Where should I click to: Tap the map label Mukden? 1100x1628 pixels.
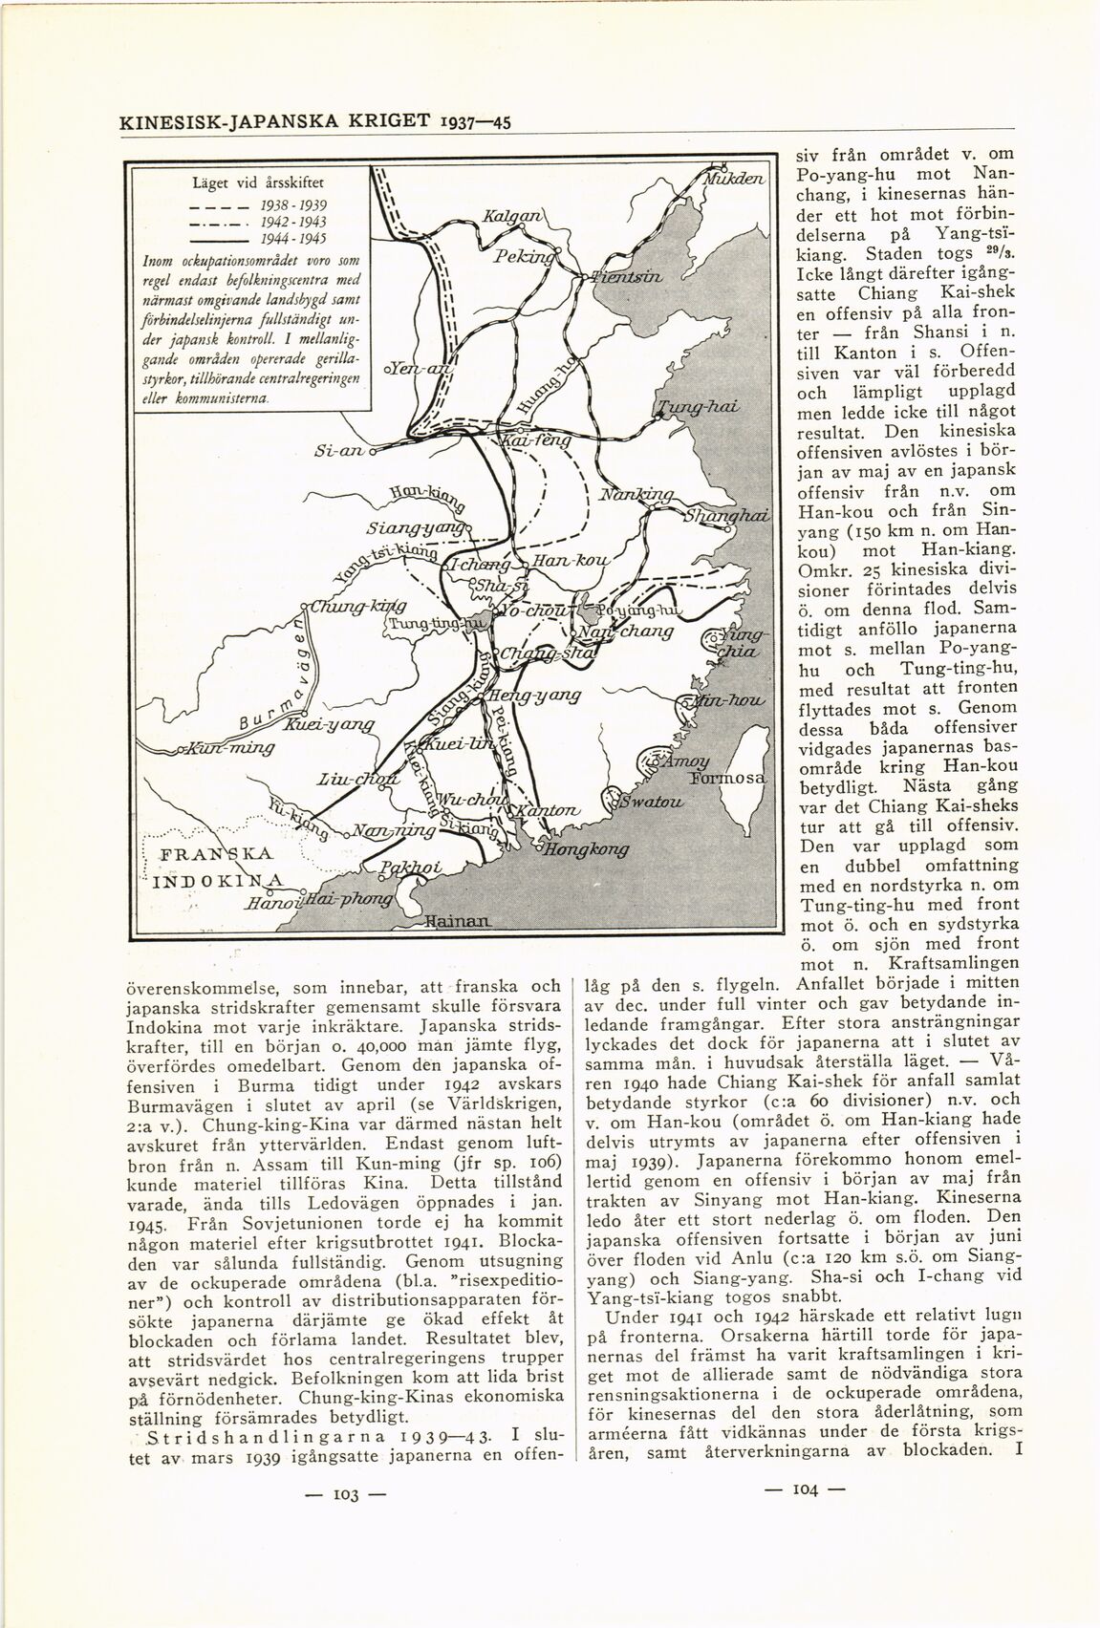point(735,180)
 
